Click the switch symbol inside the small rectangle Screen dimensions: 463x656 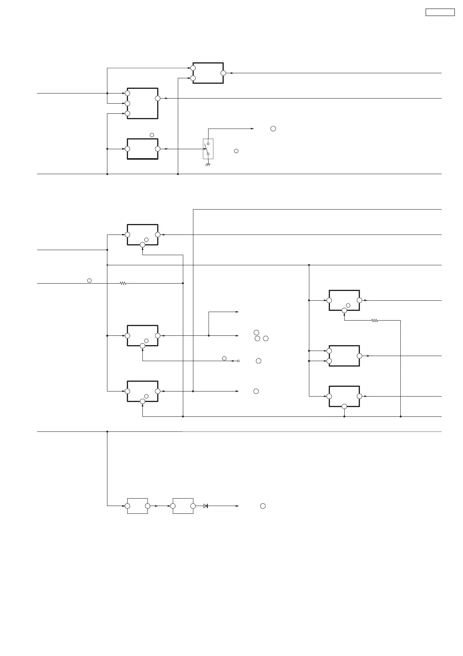[x=208, y=149]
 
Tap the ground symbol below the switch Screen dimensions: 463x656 [x=208, y=165]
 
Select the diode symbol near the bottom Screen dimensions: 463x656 [x=205, y=506]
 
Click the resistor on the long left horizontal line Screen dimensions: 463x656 [x=123, y=283]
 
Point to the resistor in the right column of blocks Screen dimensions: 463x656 [x=374, y=321]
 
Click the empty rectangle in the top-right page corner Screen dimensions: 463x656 [x=440, y=12]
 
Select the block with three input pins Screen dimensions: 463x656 [x=142, y=103]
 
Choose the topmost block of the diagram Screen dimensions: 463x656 [x=208, y=73]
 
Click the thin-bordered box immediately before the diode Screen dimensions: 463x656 [x=183, y=506]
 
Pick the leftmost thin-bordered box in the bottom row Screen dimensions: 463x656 [x=137, y=506]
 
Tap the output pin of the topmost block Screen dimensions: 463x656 [x=223, y=73]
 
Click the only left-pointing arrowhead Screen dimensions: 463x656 [x=233, y=361]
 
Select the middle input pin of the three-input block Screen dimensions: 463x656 [x=127, y=103]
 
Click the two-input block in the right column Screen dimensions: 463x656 [x=344, y=356]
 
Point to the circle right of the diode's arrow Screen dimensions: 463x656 [x=263, y=506]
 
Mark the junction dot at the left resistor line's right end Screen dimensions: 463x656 [x=183, y=283]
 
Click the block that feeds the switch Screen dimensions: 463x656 [x=142, y=149]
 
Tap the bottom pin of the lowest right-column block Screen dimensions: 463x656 [x=344, y=407]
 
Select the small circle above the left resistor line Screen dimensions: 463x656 [x=89, y=280]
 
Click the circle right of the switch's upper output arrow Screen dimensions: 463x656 [x=273, y=129]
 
